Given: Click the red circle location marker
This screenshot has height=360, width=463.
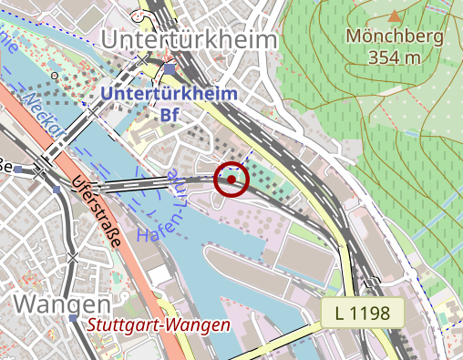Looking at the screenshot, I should pyautogui.click(x=232, y=179).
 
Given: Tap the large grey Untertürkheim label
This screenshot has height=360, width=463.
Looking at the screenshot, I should pyautogui.click(x=189, y=40).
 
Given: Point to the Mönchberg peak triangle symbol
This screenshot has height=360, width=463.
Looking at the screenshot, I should pyautogui.click(x=395, y=16).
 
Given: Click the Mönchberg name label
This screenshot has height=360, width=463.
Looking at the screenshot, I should pyautogui.click(x=395, y=38).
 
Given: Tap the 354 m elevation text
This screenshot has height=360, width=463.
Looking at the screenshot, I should pyautogui.click(x=395, y=58).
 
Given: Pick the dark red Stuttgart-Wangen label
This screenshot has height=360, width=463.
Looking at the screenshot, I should pyautogui.click(x=159, y=325).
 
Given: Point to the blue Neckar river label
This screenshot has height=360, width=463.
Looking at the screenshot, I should pyautogui.click(x=45, y=105).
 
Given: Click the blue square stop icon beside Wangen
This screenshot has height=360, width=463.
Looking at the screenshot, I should pyautogui.click(x=73, y=320).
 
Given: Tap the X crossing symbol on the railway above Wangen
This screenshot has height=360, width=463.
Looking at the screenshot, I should pyautogui.click(x=73, y=258).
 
